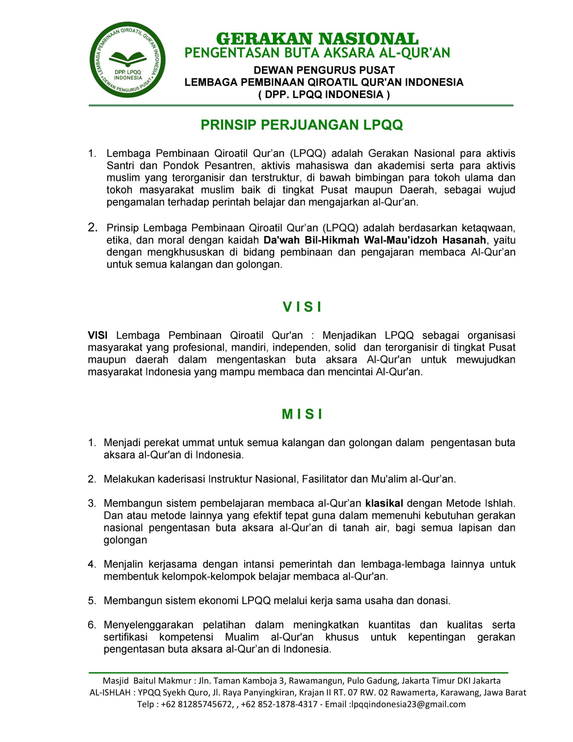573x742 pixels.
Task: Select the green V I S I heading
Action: (302, 307)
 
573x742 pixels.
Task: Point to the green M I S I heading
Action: (302, 414)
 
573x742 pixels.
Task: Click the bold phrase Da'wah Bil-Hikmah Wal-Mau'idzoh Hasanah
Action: (375, 240)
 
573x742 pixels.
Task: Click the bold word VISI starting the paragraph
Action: (98, 335)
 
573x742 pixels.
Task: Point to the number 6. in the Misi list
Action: (92, 625)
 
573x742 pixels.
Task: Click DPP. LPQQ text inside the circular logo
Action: (128, 72)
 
